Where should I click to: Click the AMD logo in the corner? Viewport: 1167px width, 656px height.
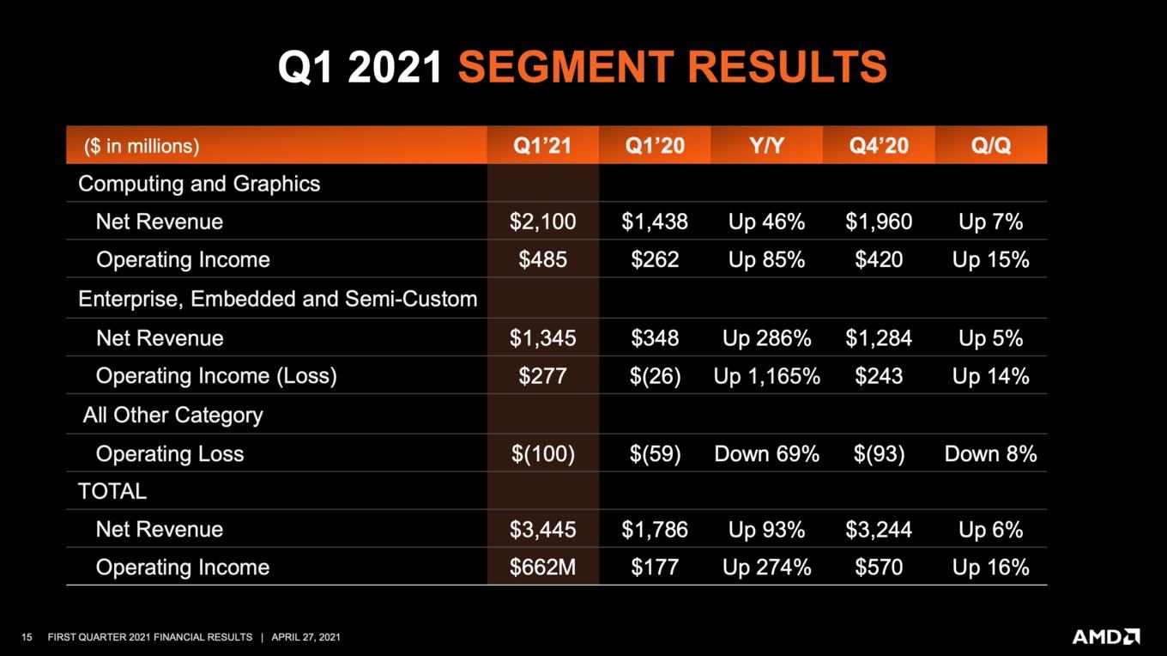coord(1106,636)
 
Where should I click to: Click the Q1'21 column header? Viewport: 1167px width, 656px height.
coord(542,145)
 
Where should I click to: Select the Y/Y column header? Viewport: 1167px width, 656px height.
coord(766,145)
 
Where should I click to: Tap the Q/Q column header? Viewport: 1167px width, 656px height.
coord(990,145)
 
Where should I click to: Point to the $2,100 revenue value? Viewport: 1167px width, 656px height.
coord(542,222)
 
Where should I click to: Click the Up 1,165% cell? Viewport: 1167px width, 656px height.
coord(766,376)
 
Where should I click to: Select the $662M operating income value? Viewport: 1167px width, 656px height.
coord(542,567)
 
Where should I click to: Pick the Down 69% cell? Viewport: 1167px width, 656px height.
coord(766,453)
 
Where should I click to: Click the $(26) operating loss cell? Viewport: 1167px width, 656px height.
coord(655,376)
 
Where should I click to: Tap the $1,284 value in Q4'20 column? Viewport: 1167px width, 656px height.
coord(879,338)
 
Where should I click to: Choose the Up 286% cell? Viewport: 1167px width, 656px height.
coord(766,338)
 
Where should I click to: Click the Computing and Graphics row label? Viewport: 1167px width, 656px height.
coord(199,184)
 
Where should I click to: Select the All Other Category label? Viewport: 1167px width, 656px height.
coord(173,416)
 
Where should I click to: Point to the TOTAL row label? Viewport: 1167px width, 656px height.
coord(112,491)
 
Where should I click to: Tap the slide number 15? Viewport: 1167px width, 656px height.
coord(27,637)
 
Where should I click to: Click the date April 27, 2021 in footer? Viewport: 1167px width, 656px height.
coord(305,637)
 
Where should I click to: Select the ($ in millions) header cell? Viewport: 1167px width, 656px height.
coord(142,146)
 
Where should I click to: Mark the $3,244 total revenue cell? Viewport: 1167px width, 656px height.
coord(879,529)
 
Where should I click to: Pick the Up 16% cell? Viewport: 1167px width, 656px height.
coord(990,567)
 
